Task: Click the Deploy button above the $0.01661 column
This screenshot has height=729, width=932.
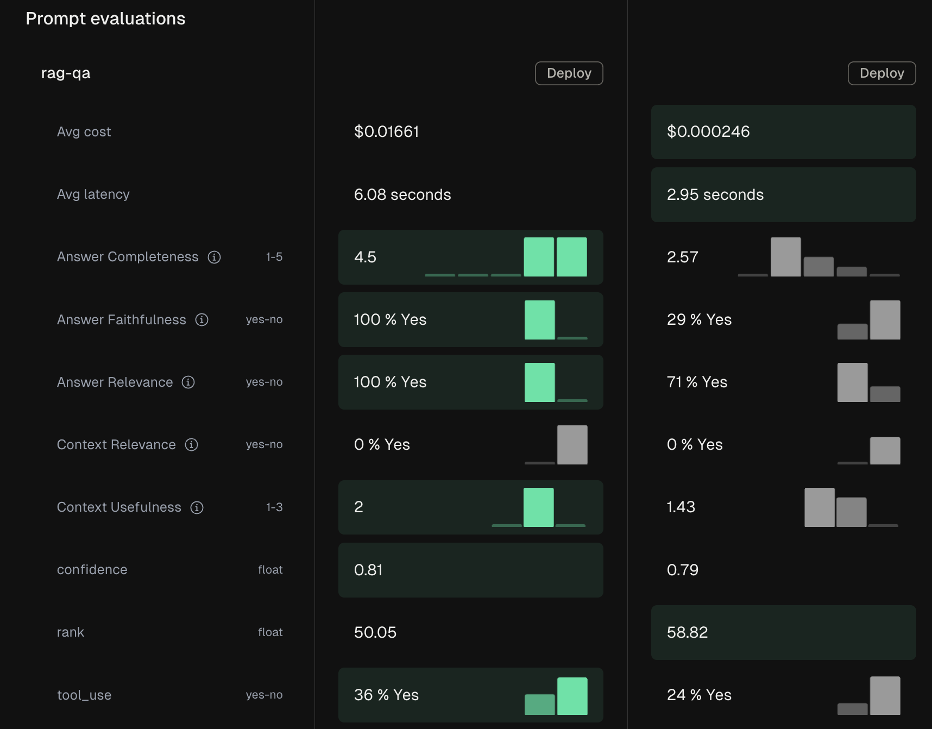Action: [569, 73]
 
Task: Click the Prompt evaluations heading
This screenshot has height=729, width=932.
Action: [105, 18]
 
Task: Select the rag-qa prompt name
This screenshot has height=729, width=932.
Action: [66, 73]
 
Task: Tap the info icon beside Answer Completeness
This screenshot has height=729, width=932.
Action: [215, 257]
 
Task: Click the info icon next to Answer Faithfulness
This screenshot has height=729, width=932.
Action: [202, 319]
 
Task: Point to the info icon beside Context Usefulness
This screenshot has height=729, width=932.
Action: [197, 507]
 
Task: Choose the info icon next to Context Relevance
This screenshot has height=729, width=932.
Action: [191, 445]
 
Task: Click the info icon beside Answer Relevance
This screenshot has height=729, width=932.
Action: [188, 382]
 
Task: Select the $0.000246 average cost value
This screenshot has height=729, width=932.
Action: [708, 131]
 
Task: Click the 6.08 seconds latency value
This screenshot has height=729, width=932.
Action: [402, 194]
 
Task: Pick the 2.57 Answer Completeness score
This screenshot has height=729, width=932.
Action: [682, 257]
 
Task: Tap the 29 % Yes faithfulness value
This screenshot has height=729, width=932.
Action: [699, 319]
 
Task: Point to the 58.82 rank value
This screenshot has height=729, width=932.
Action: [687, 632]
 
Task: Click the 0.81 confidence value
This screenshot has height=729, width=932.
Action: [368, 570]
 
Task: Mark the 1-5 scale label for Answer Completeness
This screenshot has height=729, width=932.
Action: [274, 257]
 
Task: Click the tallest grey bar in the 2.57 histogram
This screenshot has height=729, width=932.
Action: [785, 257]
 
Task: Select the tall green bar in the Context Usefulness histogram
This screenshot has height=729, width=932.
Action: [538, 507]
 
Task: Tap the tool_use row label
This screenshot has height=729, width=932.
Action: [84, 695]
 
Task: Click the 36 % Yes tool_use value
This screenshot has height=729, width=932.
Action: [386, 695]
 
